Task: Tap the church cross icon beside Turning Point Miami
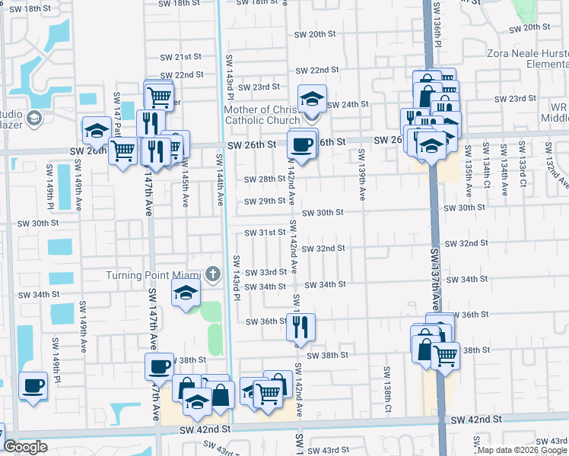pyautogui.click(x=214, y=274)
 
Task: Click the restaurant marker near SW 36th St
pyautogui.click(x=300, y=327)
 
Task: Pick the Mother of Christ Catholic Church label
pyautogui.click(x=262, y=115)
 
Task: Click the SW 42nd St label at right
pyautogui.click(x=477, y=420)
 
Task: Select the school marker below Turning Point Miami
pyautogui.click(x=185, y=293)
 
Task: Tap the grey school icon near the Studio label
pyautogui.click(x=33, y=118)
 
